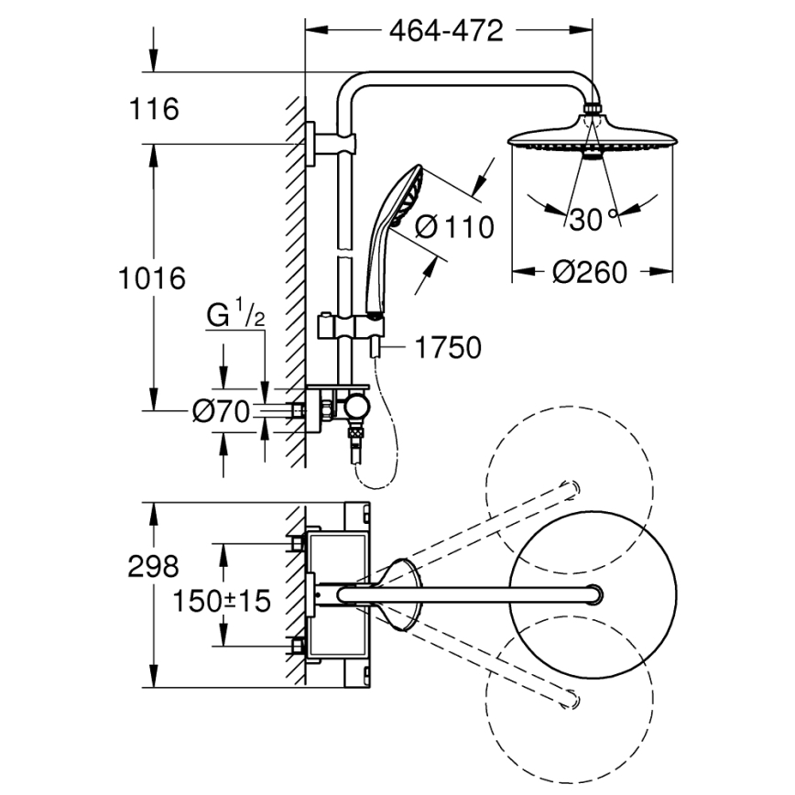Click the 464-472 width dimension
tap(446, 31)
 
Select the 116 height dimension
tap(153, 110)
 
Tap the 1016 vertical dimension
tap(153, 277)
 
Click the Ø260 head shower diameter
tap(591, 272)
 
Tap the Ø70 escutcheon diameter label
tap(221, 413)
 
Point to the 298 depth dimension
tap(153, 568)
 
